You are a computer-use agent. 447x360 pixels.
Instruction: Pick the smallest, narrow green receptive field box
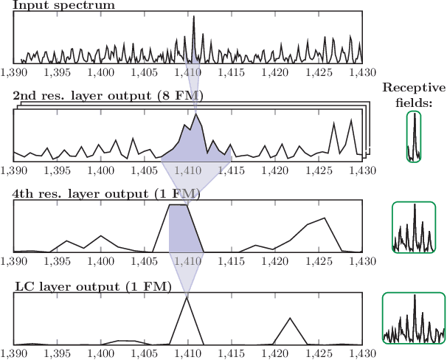[x=415, y=137]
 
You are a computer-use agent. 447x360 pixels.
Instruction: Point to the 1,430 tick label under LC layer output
[x=361, y=353]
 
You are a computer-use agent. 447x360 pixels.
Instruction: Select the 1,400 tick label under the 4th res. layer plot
[x=100, y=261]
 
